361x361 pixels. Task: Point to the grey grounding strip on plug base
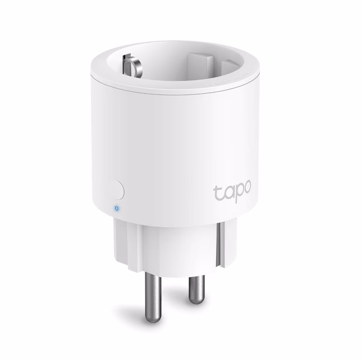point(221,244)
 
